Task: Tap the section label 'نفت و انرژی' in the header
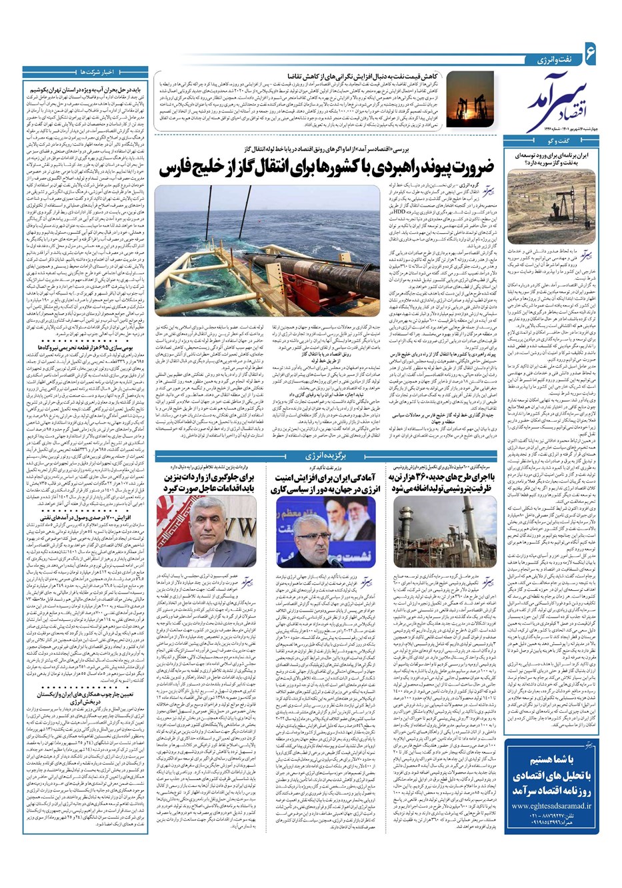click(x=552, y=59)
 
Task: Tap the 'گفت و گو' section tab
click(x=563, y=143)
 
